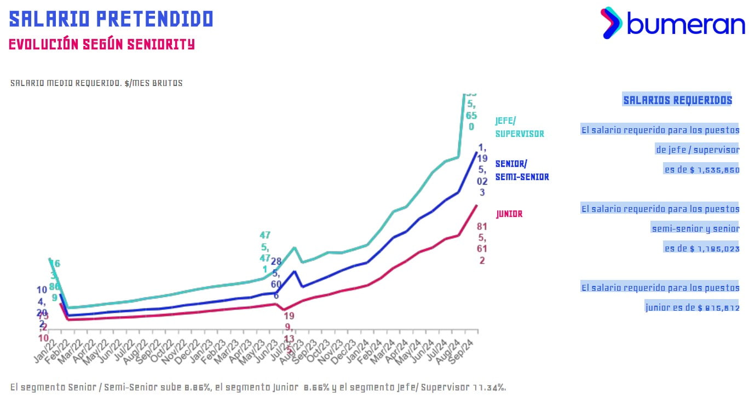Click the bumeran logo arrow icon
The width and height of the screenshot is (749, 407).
(611, 22)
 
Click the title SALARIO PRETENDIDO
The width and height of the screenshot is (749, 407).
(111, 19)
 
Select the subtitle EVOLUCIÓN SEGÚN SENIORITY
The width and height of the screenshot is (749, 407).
(102, 44)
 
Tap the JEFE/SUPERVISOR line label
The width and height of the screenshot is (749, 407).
(520, 127)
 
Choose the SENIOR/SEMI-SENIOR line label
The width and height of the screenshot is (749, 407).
(522, 170)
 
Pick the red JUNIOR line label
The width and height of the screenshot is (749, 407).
(509, 214)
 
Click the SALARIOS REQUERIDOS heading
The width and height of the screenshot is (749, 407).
(677, 100)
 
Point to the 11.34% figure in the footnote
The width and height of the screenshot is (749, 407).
(487, 388)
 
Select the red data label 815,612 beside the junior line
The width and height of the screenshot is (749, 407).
(482, 243)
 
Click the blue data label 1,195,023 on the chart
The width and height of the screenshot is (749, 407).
(482, 170)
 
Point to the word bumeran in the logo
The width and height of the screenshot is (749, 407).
(685, 24)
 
